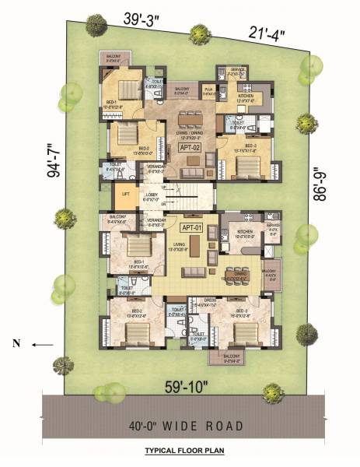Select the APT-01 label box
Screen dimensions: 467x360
[191, 227]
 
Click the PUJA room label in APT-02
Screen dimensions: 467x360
[208, 90]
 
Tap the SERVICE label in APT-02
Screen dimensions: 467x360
[239, 69]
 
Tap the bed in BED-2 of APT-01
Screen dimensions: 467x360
[137, 333]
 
